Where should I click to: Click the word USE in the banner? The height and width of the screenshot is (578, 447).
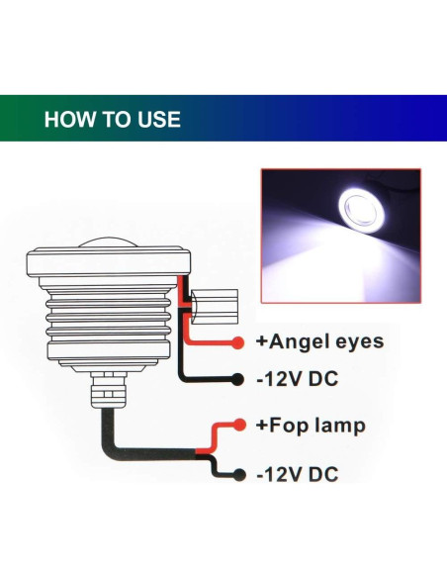[x=156, y=120]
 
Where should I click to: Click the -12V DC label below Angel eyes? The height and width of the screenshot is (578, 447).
[x=297, y=380]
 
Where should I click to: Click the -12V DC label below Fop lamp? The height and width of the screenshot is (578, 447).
[x=297, y=473]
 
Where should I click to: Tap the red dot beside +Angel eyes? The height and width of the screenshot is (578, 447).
[x=237, y=343]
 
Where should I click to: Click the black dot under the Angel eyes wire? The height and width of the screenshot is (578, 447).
[x=237, y=380]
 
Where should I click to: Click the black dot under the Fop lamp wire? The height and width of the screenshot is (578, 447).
[x=237, y=473]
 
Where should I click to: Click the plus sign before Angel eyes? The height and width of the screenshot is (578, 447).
[x=262, y=342]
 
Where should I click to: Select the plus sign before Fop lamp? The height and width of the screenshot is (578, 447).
[x=262, y=427]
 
